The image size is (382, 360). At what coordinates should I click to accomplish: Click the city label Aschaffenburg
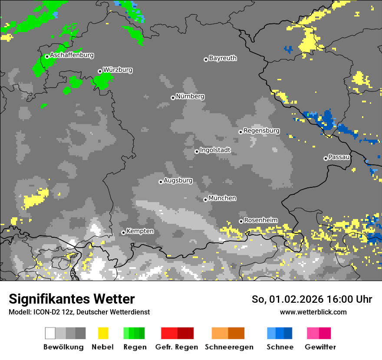[72, 56]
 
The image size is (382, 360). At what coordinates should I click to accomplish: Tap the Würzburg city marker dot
[100, 71]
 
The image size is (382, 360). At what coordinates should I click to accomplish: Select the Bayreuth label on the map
[223, 58]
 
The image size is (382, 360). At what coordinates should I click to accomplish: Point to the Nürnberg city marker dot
[173, 98]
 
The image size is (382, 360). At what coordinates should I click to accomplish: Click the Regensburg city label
[261, 131]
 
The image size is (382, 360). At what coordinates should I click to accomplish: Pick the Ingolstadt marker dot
[197, 151]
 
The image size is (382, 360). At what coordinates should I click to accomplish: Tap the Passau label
[339, 157]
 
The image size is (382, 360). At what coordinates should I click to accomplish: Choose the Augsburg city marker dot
[161, 182]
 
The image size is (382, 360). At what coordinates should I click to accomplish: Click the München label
[222, 198]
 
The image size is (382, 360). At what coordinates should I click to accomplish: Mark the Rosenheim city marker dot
[241, 222]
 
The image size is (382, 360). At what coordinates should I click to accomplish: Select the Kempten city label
[140, 231]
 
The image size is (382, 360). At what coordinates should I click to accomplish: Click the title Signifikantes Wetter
[72, 299]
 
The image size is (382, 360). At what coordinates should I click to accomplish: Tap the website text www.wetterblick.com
[313, 312]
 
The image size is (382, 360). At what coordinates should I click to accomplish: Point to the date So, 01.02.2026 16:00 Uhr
[312, 299]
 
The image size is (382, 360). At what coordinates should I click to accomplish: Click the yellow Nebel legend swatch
[103, 333]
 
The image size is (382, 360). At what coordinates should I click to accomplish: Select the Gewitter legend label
[320, 347]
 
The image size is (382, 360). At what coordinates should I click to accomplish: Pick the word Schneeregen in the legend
[228, 347]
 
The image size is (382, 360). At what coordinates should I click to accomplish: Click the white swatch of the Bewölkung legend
[50, 333]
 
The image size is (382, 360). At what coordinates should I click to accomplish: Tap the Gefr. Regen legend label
[176, 347]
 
